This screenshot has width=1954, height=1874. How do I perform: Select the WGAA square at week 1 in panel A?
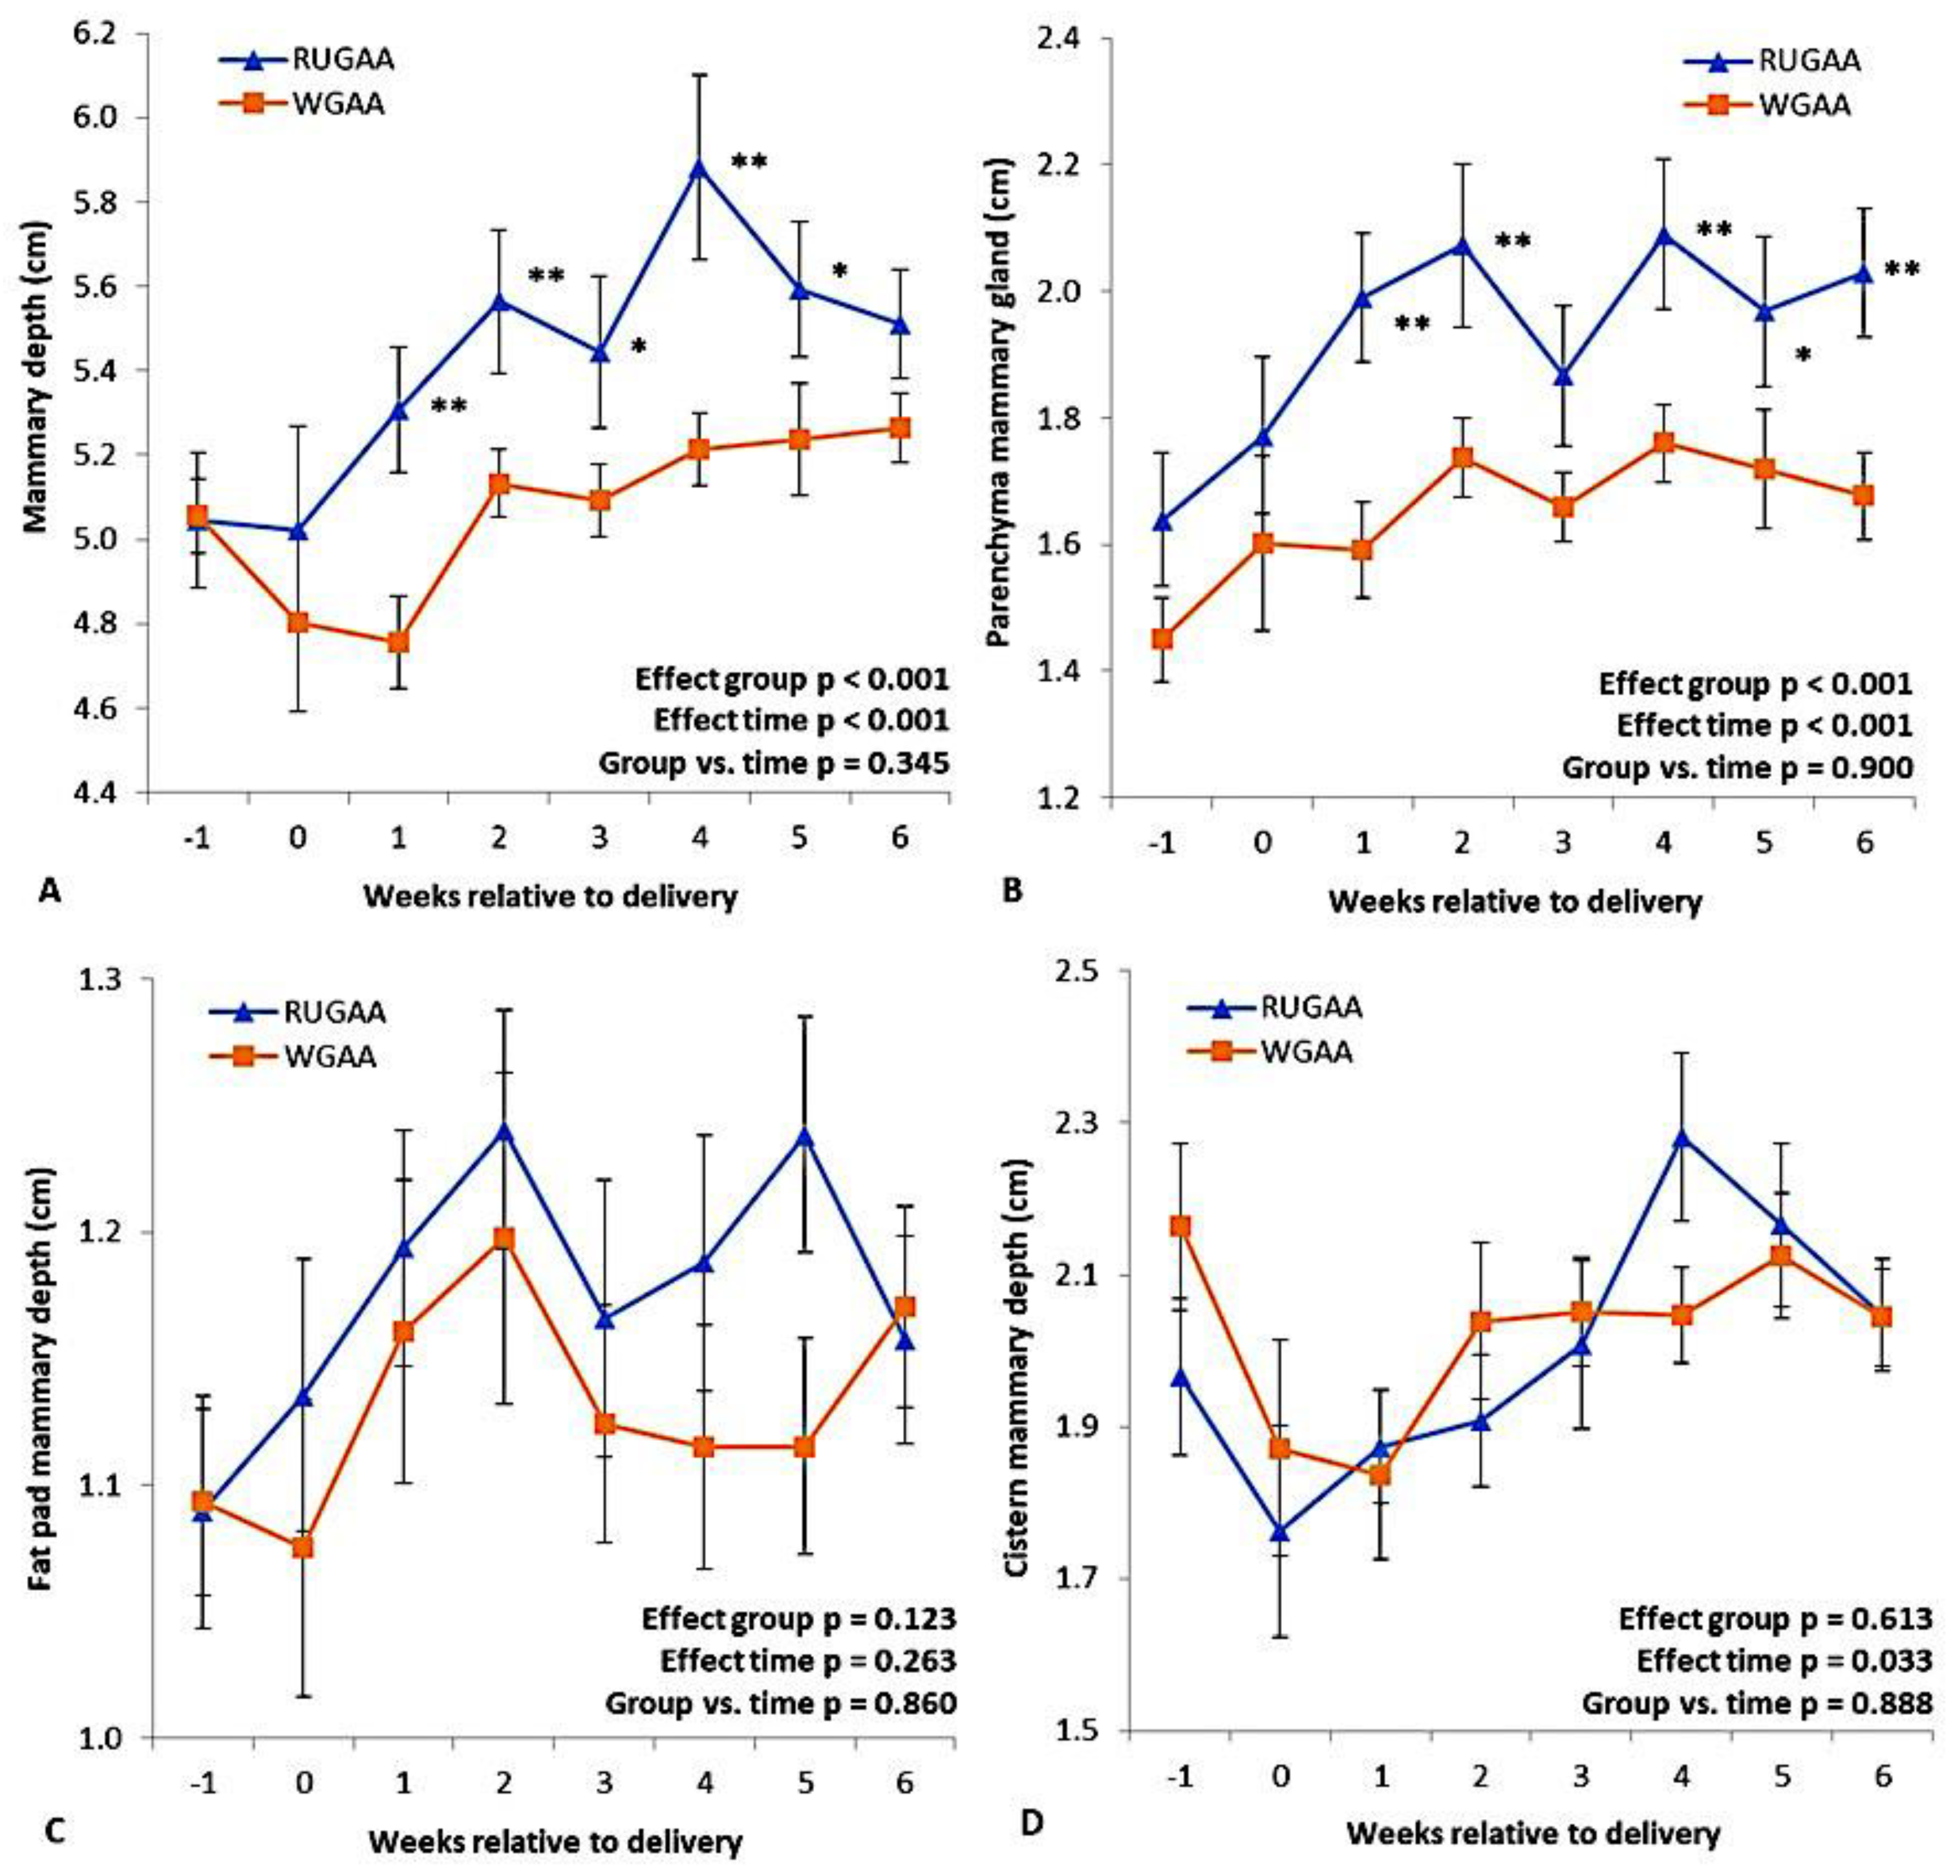pos(399,642)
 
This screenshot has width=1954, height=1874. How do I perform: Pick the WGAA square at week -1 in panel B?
pos(1162,638)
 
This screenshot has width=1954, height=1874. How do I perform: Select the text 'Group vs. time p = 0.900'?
pos(1737,768)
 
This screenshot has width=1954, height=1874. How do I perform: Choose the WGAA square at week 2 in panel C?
pos(504,1239)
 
